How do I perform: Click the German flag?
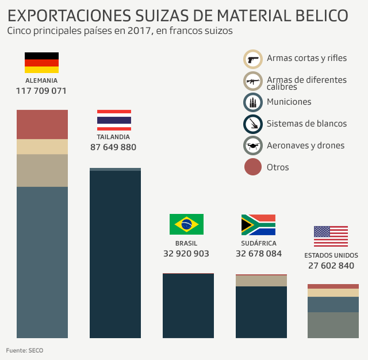point(41,63)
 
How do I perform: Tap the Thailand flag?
point(114,120)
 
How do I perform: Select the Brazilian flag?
point(186,224)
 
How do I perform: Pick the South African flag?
point(258,225)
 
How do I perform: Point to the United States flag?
point(331,236)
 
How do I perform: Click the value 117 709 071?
point(41,91)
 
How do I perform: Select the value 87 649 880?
point(113,147)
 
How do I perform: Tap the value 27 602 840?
point(331,266)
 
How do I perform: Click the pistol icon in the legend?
point(253,59)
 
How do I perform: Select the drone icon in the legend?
point(253,145)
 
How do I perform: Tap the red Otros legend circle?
point(253,167)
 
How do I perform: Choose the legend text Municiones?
point(289,102)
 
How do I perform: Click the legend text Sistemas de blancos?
point(306,124)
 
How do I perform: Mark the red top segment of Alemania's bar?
point(42,124)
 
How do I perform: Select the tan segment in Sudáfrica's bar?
point(261,281)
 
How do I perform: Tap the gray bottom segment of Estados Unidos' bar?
point(333,325)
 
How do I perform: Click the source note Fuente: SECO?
point(25,350)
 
